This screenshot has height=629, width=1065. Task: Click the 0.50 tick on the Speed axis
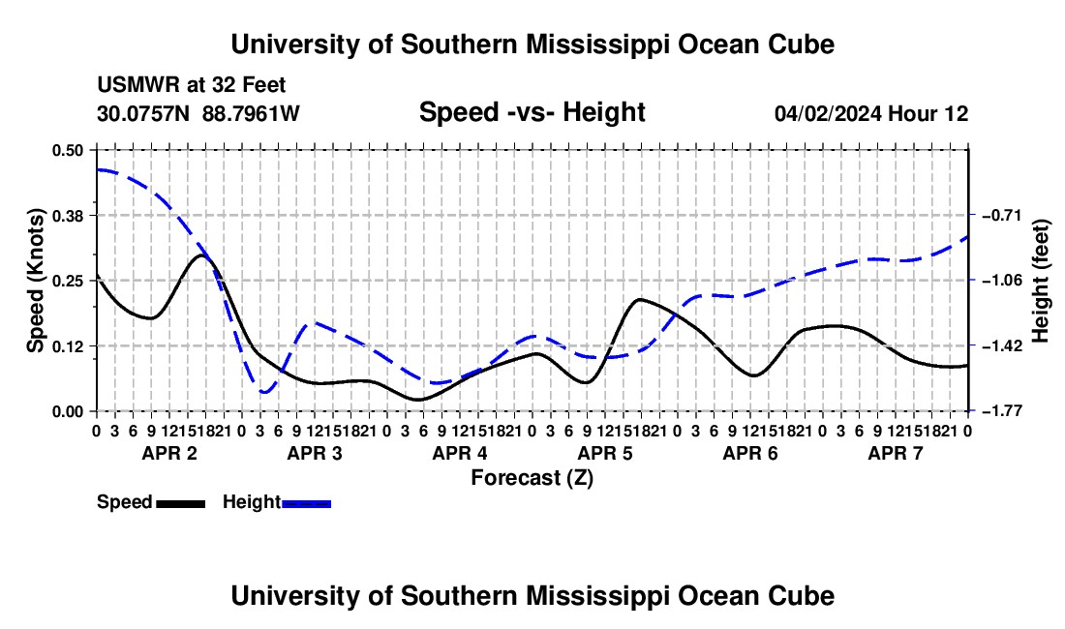point(68,150)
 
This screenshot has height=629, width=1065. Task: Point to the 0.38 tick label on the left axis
point(68,216)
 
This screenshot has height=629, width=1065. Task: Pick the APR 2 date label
point(169,453)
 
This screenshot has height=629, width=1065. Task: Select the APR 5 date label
point(605,453)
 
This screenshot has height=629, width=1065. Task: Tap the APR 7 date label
point(896,453)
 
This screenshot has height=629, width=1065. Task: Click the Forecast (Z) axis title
point(532,478)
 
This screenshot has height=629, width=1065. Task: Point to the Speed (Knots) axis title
point(35,281)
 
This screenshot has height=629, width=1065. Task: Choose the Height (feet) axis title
point(1041,281)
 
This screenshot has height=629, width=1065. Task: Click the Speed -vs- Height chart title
point(532,112)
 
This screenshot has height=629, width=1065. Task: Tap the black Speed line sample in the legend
point(181,504)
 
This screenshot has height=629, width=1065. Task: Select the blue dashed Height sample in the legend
point(306,504)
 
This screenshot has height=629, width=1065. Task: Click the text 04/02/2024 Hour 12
point(871,114)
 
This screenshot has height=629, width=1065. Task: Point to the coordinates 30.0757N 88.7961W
point(198,114)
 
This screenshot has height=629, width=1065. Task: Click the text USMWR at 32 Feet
point(192,85)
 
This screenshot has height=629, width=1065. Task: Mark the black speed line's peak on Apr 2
point(201,255)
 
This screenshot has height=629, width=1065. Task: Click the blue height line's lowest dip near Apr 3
point(265,392)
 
